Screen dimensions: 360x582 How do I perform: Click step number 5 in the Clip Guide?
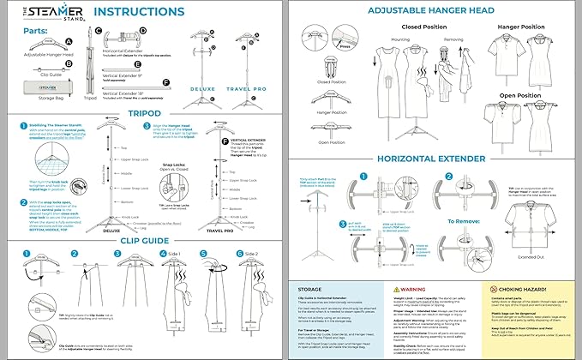[x=204, y=255]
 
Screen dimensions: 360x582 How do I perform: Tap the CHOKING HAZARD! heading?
[x=525, y=290]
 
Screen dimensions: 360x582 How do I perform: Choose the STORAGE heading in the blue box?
[x=311, y=291]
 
